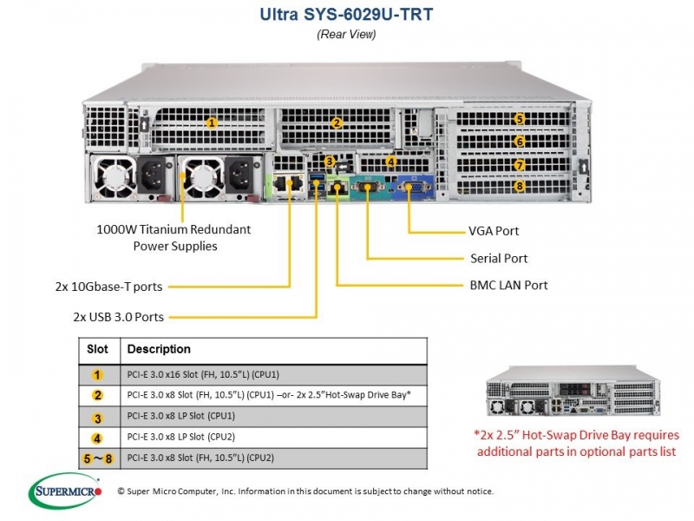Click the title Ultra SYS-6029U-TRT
(x=346, y=15)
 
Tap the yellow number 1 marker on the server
(x=212, y=122)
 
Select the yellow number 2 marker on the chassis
(x=337, y=122)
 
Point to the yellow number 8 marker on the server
(x=520, y=186)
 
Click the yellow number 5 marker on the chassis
(x=520, y=119)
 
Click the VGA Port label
(x=494, y=231)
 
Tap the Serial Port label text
(x=499, y=258)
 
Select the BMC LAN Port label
(x=508, y=285)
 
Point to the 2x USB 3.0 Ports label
(x=119, y=317)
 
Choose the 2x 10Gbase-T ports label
(x=109, y=287)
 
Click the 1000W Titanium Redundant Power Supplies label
(x=174, y=237)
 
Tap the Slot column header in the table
(x=97, y=349)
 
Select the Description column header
(x=159, y=349)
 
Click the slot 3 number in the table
(x=97, y=418)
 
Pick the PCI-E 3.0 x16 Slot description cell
(x=203, y=374)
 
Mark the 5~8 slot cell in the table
(x=98, y=458)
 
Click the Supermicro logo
(x=65, y=491)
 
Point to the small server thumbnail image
(x=573, y=391)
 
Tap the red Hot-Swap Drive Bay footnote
(x=576, y=443)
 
